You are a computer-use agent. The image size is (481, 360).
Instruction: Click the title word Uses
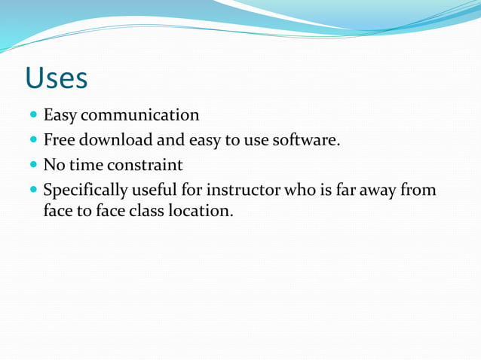click(56, 78)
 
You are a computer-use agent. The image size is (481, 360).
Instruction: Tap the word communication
click(140, 116)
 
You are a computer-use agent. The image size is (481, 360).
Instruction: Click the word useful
click(155, 189)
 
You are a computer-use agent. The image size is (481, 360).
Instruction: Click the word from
click(420, 189)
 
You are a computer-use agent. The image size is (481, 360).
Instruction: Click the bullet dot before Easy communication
click(34, 117)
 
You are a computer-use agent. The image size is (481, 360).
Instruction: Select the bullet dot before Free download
click(34, 141)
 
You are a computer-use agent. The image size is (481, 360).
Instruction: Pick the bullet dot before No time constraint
click(34, 165)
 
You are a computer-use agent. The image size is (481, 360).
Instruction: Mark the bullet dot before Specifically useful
click(34, 190)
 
